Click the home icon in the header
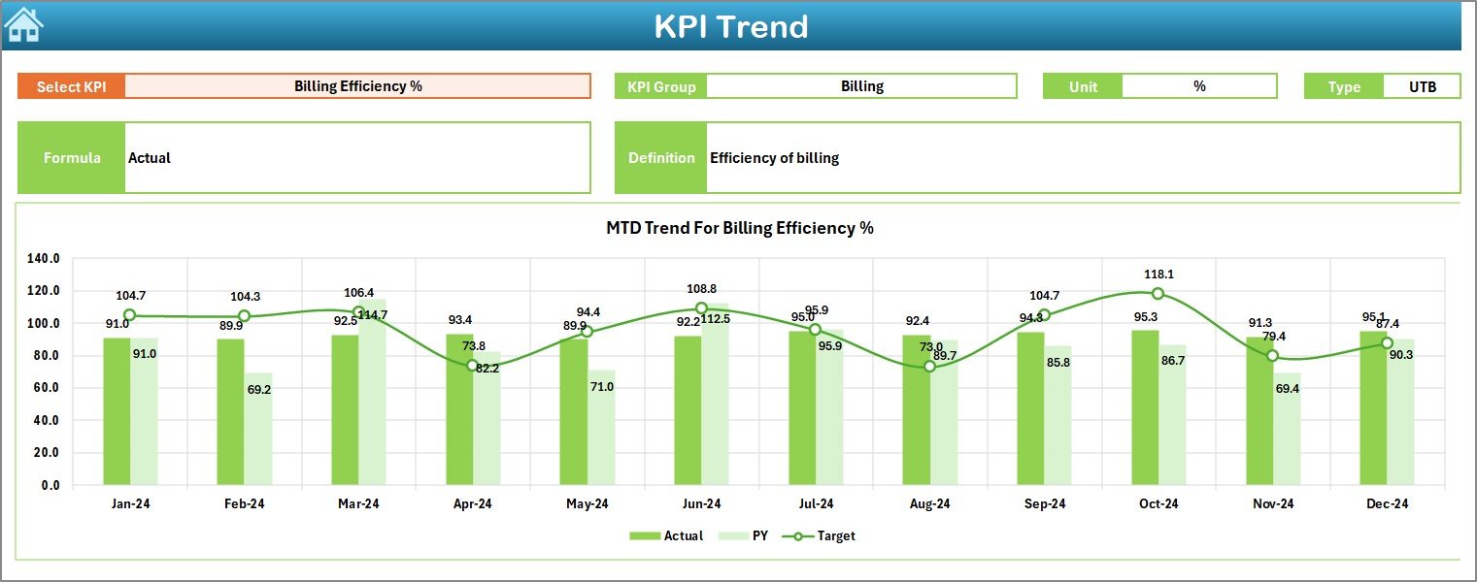pos(23,24)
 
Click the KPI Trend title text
pos(730,26)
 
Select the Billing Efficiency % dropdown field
pos(357,86)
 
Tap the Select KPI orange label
pos(71,86)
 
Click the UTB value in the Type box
pos(1422,86)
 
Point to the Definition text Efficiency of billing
pos(774,158)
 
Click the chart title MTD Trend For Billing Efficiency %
pos(739,228)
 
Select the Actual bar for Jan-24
pos(117,411)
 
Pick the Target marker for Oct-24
pos(1158,294)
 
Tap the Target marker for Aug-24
pos(929,367)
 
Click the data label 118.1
pos(1158,275)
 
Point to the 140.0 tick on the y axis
pos(44,259)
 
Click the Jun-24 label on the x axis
pos(701,503)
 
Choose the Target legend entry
pos(824,535)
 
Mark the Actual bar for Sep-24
pos(1030,408)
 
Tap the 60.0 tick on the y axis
pos(44,388)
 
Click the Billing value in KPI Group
pos(861,86)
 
